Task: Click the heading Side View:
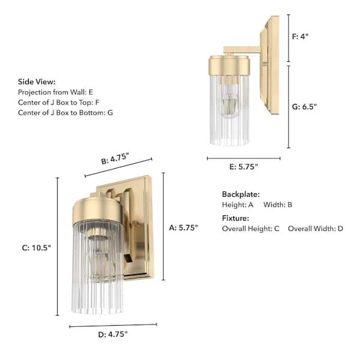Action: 37,82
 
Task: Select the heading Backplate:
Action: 241,194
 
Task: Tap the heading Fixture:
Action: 235,218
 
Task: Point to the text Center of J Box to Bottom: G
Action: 65,112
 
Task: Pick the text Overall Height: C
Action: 250,229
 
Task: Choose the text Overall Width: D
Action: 316,229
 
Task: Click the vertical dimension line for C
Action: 58,246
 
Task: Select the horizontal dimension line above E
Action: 244,158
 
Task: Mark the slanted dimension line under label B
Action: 118,167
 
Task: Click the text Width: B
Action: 278,205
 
